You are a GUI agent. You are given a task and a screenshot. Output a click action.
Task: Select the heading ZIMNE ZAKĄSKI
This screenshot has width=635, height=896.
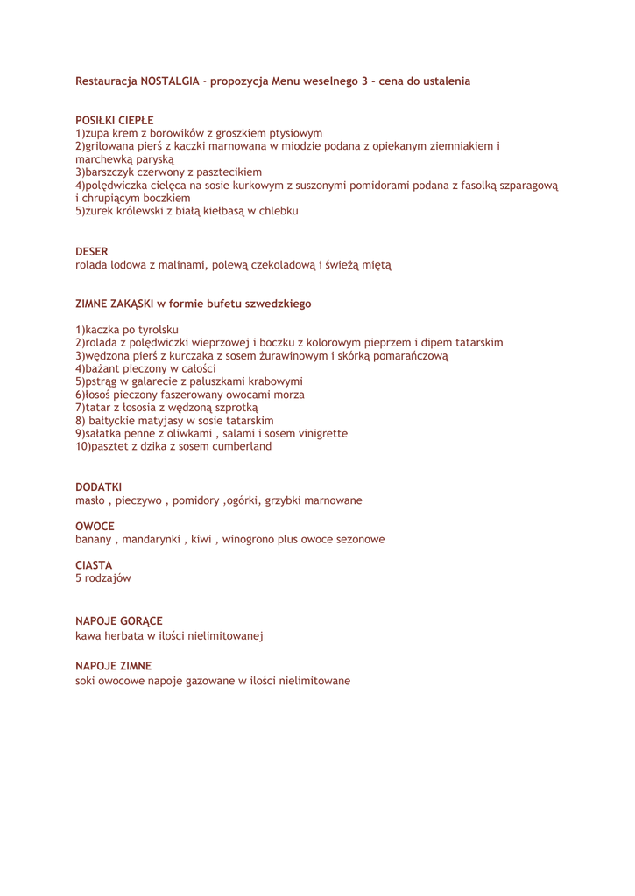[x=115, y=304]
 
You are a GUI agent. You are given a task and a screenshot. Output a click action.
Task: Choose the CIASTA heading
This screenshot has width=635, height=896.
[x=91, y=565]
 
